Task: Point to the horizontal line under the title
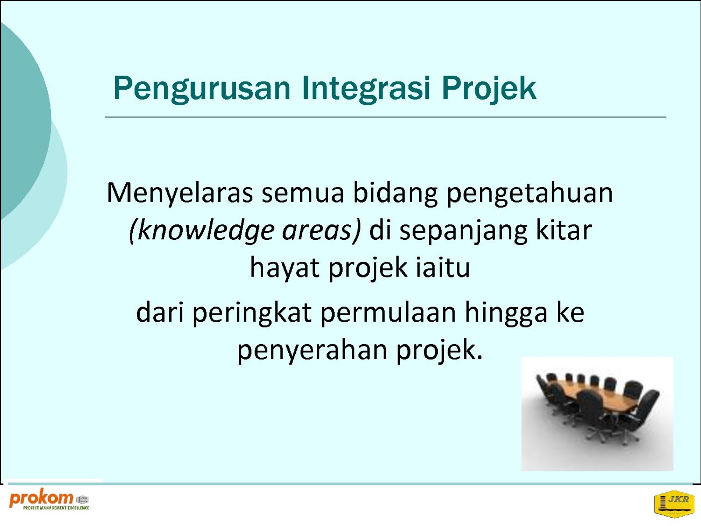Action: click(386, 117)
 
